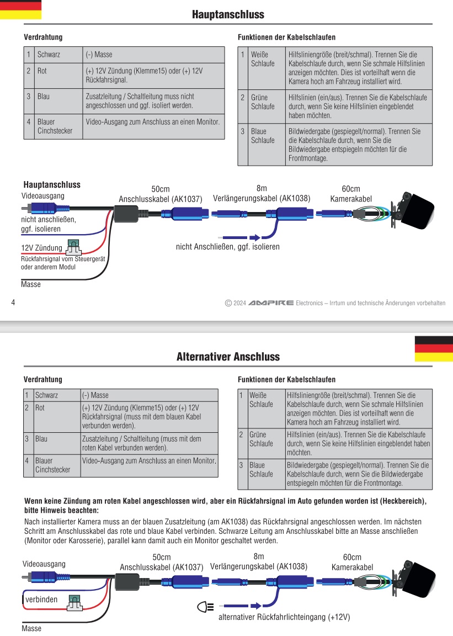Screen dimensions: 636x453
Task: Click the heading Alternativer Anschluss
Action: coord(228,357)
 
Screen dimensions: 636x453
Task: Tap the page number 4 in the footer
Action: coord(13,302)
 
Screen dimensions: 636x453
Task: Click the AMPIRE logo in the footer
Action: coord(271,303)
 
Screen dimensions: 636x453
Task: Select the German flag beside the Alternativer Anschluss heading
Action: coord(433,348)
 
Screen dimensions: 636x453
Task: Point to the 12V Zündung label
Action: coord(41,247)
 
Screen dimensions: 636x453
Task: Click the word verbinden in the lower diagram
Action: coord(41,600)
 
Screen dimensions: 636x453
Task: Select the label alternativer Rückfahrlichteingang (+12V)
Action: coord(284,617)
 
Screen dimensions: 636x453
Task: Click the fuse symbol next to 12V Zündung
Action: coord(72,246)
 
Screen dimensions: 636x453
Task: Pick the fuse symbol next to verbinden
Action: coord(74,602)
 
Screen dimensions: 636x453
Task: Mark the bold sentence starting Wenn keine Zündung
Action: coord(226,506)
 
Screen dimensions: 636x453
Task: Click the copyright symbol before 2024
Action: coord(228,303)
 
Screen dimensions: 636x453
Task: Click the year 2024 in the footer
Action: coord(239,303)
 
